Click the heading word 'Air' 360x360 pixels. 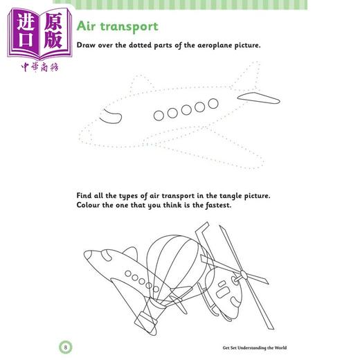[86, 26]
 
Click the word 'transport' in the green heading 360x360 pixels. [129, 27]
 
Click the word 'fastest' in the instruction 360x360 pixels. [218, 205]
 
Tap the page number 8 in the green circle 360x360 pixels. [66, 348]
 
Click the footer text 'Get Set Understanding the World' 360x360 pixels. [255, 348]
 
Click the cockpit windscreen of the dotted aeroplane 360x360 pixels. [111, 116]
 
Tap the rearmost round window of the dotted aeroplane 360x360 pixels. [213, 104]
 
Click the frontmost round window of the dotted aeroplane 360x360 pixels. [159, 116]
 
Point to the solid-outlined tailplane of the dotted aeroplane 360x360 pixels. [258, 98]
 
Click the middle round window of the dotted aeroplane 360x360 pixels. [186, 110]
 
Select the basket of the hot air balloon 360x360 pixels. [146, 321]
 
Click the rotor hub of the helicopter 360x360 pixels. [244, 275]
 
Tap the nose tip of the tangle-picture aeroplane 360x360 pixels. [84, 253]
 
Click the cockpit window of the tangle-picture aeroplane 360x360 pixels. [106, 255]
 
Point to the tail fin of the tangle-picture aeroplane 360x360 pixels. [131, 253]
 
